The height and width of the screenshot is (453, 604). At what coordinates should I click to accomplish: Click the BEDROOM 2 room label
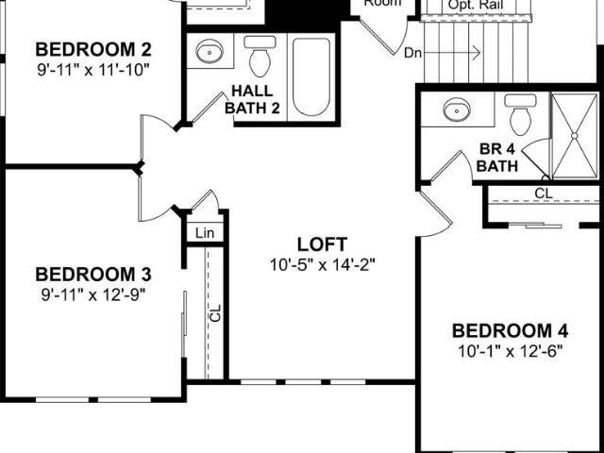(93, 50)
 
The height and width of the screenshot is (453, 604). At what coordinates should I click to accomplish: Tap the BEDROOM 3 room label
(93, 275)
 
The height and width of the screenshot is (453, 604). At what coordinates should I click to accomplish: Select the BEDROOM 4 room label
(510, 331)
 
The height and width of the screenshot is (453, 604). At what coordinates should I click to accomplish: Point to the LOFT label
(322, 244)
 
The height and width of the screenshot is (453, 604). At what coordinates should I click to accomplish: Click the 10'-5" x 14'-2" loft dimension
(322, 265)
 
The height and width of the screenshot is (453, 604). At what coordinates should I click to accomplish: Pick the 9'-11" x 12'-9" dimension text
(93, 295)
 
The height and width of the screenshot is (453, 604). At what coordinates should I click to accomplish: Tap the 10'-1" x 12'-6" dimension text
(510, 351)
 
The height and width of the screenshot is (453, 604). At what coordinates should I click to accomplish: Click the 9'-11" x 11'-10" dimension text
(93, 70)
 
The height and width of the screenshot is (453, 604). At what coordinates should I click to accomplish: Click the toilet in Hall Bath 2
(260, 57)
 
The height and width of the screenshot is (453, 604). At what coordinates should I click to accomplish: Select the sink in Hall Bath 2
(210, 51)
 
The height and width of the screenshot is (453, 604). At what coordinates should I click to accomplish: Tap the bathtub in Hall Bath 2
(311, 76)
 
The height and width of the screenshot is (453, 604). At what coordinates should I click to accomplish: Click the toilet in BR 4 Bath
(520, 115)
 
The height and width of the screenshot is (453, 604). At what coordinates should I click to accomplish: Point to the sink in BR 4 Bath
(457, 109)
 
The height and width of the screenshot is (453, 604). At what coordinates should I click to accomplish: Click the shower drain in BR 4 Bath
(575, 136)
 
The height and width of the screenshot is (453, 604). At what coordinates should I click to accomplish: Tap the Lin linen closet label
(205, 233)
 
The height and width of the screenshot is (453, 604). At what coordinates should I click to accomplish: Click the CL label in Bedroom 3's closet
(216, 312)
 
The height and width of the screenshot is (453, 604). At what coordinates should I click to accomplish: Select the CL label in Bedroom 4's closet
(544, 193)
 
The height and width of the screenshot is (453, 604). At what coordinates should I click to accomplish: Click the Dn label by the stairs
(412, 53)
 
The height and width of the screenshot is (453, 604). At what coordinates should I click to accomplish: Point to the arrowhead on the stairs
(477, 53)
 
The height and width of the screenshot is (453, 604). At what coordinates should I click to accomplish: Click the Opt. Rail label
(476, 6)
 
